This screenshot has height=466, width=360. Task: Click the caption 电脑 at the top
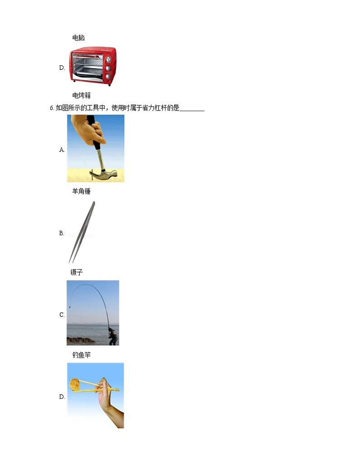[x=78, y=38]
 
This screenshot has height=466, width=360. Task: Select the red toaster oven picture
[x=93, y=66]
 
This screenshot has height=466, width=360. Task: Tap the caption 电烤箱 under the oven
[x=82, y=95]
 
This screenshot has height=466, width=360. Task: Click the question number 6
[x=52, y=108]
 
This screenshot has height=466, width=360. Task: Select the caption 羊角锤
[x=81, y=191]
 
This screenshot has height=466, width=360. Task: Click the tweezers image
[x=82, y=232]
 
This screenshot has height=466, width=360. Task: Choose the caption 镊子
[x=77, y=272]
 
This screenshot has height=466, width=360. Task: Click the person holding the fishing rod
[x=112, y=336]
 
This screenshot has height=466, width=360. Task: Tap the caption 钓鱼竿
[x=82, y=355]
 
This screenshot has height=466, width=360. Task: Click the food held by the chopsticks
[x=75, y=384]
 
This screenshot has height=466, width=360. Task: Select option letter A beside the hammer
[x=62, y=150]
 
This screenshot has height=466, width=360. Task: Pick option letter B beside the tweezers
[x=62, y=233]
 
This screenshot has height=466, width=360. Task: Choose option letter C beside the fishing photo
[x=62, y=315]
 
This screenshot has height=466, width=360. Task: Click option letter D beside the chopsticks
[x=62, y=397]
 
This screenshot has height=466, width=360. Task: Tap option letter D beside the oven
[x=62, y=68]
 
